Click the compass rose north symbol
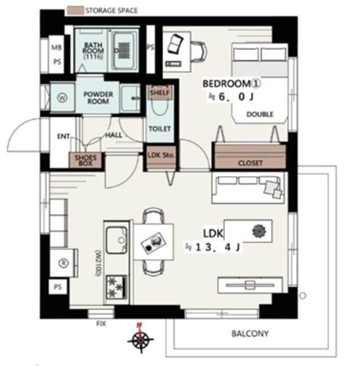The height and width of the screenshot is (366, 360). click(141, 337)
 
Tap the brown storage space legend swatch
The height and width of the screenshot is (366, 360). click(75, 11)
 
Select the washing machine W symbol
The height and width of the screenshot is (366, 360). click(62, 98)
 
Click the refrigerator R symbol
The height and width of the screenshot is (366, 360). click(63, 263)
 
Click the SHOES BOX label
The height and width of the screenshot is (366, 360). click(86, 160)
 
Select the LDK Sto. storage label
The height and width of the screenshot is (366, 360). click(161, 155)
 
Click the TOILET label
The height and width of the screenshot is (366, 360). click(160, 129)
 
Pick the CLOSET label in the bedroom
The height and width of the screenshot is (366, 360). click(250, 163)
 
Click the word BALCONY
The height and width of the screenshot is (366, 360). click(250, 333)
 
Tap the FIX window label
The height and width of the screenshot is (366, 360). click(101, 324)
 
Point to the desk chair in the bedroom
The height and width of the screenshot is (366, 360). click(199, 52)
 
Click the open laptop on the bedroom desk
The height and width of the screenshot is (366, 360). click(175, 43)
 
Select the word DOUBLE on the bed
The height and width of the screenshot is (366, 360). click(260, 114)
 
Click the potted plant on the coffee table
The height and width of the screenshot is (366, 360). click(259, 231)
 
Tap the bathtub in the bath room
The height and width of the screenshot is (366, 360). click(124, 50)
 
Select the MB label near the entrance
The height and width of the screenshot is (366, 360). click(57, 47)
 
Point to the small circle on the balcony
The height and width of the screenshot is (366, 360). click(302, 296)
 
